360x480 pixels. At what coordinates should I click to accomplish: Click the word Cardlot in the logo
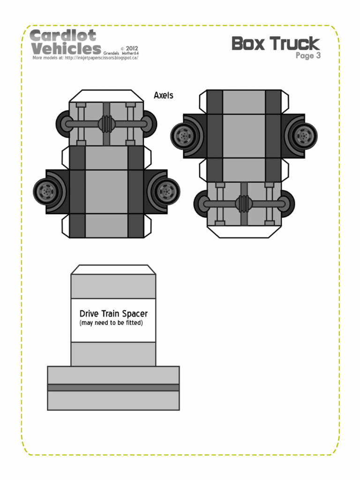click(63, 36)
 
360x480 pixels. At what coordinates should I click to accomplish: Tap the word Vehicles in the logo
click(66, 49)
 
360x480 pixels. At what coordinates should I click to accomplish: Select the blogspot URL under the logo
click(85, 58)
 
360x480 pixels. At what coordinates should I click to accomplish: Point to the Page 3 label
click(307, 56)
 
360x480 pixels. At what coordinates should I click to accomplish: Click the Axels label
click(164, 96)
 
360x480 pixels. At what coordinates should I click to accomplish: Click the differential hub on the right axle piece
click(243, 204)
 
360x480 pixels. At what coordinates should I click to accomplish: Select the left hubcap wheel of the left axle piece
click(46, 191)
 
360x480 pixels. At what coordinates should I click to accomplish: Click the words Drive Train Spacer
click(113, 314)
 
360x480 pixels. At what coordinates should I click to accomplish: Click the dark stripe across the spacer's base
click(113, 388)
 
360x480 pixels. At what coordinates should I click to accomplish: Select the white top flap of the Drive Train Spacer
click(113, 270)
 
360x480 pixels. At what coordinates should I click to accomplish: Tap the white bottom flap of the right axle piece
click(244, 231)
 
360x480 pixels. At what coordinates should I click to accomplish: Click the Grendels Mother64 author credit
click(121, 53)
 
